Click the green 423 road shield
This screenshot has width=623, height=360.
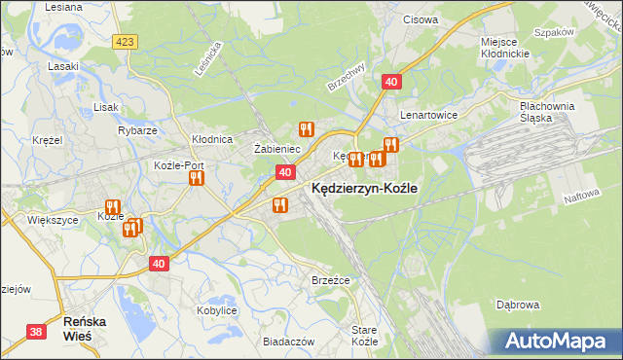pos(124,42)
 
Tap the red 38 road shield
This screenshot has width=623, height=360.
pos(36,332)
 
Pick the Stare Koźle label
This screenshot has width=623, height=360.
pos(364,336)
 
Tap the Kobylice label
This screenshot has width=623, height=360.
pos(217,309)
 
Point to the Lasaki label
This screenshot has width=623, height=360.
pos(63,66)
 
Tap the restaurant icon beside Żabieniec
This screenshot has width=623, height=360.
pos(306,128)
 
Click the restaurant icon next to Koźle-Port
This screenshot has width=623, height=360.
pos(196,178)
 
